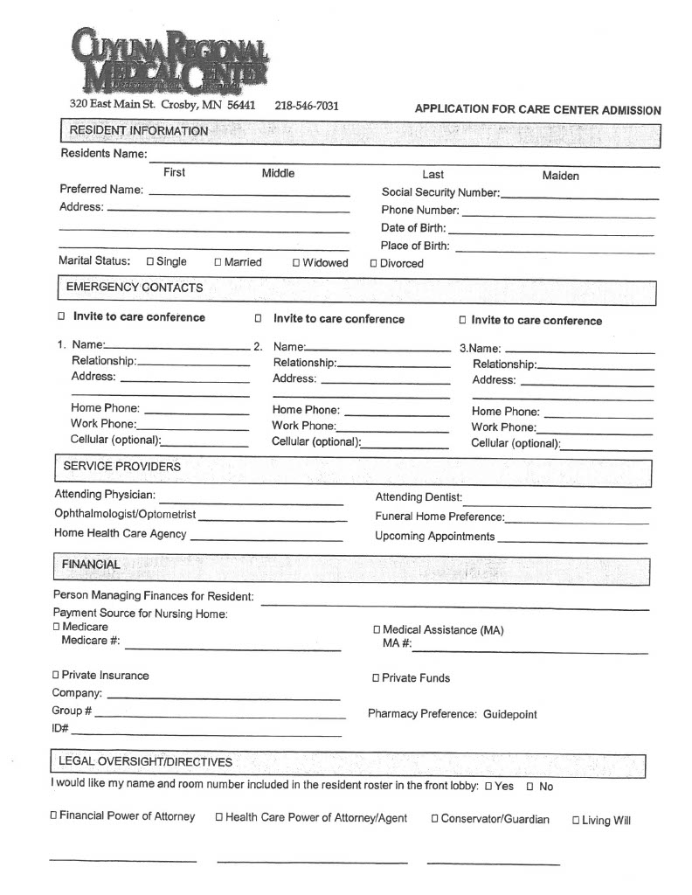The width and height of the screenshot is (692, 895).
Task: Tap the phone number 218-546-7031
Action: pos(306,106)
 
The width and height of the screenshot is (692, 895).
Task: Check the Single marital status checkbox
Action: pos(150,261)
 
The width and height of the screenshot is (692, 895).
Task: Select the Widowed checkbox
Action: pos(296,262)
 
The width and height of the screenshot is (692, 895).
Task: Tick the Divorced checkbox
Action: pos(374,263)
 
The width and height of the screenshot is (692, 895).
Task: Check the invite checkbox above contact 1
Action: pos(61,317)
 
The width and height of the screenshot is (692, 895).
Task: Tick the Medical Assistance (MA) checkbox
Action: pos(377,630)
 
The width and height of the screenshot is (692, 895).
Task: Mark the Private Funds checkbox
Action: pos(376,678)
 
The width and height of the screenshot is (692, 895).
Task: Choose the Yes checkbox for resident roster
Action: pos(488,787)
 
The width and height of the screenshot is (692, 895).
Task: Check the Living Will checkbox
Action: pos(576,820)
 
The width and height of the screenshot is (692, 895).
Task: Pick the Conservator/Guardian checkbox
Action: pos(434,819)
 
